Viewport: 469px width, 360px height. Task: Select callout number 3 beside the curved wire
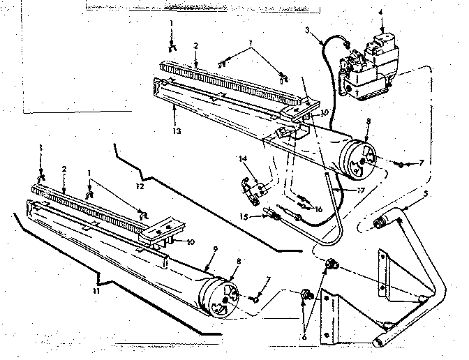pos(308,29)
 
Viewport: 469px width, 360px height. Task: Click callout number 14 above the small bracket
pos(244,159)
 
